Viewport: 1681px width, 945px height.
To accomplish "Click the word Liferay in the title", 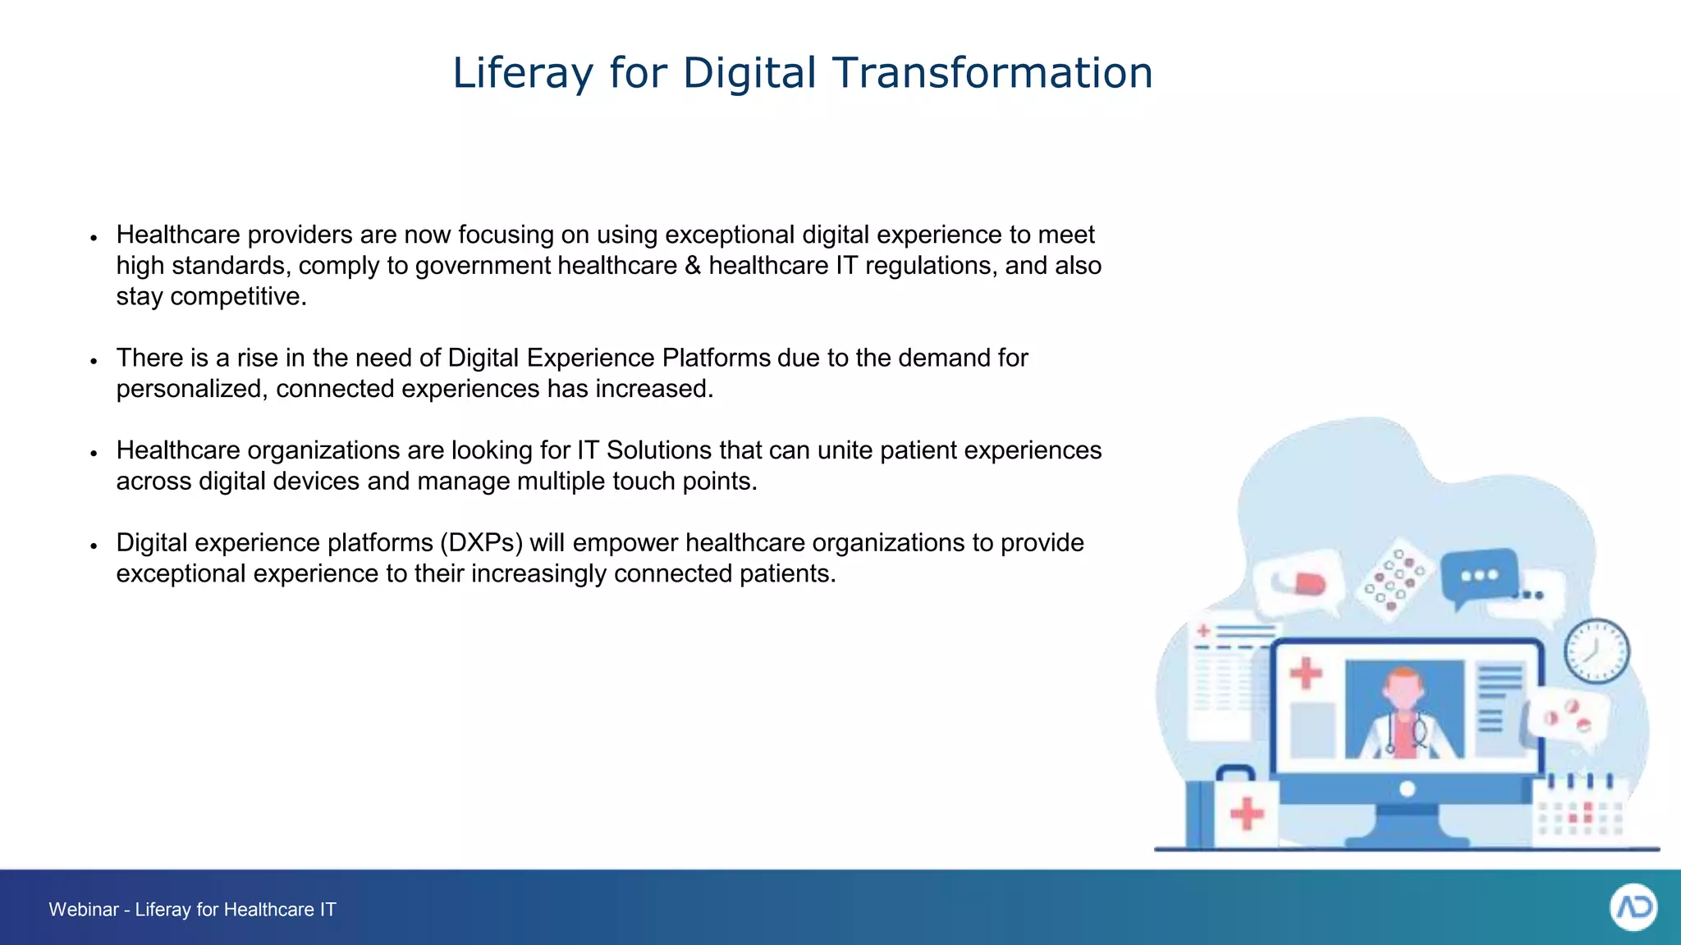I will (523, 73).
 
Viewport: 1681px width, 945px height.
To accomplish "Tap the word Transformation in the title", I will (993, 73).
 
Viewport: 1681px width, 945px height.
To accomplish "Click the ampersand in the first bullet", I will (693, 266).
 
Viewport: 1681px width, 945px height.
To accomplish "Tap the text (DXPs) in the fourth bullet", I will (481, 543).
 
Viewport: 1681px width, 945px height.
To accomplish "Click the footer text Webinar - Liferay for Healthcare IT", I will (192, 909).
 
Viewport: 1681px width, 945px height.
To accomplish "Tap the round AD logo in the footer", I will (1633, 907).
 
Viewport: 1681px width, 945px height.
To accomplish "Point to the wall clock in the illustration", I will (1596, 651).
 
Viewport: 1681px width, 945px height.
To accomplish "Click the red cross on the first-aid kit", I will (1247, 814).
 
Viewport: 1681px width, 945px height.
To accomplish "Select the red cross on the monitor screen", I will (1305, 674).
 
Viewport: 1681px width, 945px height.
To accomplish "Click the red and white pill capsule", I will (1302, 583).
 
